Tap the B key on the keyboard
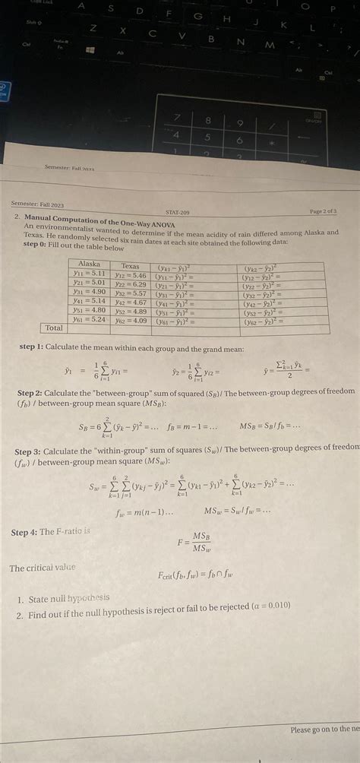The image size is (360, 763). coord(211,39)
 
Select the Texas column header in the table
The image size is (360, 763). coord(130,266)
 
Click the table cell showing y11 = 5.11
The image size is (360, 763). coord(89,273)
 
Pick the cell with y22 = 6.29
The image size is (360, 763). coord(129,284)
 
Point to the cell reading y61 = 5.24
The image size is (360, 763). coord(90,319)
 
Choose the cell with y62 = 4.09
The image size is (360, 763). coord(129,321)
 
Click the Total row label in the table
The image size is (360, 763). coord(55,328)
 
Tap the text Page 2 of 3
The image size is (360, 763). coord(322,211)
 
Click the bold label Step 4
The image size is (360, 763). coord(28,532)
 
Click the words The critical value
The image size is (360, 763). coord(43,568)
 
